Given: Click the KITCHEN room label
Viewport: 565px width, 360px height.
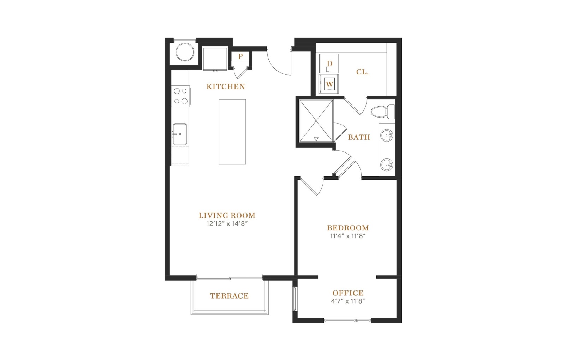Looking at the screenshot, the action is pyautogui.click(x=226, y=87).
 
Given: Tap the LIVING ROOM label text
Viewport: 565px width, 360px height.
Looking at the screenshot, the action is pyautogui.click(x=227, y=216).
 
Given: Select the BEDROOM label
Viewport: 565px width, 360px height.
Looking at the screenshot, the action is pyautogui.click(x=348, y=228).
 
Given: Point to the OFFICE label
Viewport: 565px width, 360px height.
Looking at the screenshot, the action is pyautogui.click(x=348, y=293).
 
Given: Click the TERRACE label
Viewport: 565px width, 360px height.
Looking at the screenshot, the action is pyautogui.click(x=229, y=296).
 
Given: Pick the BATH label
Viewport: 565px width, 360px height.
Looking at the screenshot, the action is pyautogui.click(x=359, y=137).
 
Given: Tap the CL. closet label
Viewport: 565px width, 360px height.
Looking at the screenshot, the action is pyautogui.click(x=362, y=72).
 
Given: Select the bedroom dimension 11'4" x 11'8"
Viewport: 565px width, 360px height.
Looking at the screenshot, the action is pyautogui.click(x=348, y=236).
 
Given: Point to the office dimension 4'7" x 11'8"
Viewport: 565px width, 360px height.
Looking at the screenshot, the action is pyautogui.click(x=348, y=301).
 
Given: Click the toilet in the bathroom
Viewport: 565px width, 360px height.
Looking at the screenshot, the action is pyautogui.click(x=383, y=112).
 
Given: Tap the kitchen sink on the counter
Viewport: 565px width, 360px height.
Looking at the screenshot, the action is pyautogui.click(x=180, y=134).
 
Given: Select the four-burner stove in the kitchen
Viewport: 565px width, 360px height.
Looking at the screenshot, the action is pyautogui.click(x=180, y=96).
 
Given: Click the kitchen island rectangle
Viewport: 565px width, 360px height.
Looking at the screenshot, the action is pyautogui.click(x=232, y=132).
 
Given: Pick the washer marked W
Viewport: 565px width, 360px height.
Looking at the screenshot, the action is pyautogui.click(x=329, y=84).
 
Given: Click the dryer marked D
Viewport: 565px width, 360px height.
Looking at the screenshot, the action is pyautogui.click(x=329, y=64).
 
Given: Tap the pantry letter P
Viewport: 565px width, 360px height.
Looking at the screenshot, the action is pyautogui.click(x=240, y=56).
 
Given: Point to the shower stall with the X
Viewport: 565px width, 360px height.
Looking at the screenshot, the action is pyautogui.click(x=316, y=121).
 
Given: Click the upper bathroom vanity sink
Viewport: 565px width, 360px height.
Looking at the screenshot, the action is pyautogui.click(x=386, y=136).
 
